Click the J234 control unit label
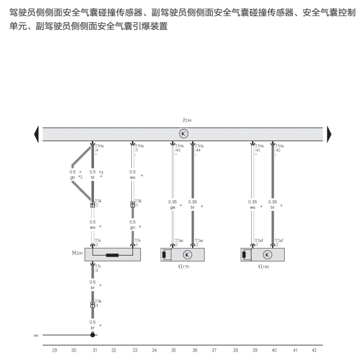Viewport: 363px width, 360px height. [x=187, y=120]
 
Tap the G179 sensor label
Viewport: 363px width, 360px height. [x=184, y=267]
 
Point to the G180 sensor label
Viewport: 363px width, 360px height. [x=264, y=267]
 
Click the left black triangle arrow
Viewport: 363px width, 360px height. [x=36, y=134]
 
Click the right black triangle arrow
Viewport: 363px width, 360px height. [x=329, y=134]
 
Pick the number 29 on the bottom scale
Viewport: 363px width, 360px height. [x=54, y=351]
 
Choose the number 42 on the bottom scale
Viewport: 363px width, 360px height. [x=314, y=351]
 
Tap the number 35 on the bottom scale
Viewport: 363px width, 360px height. [x=173, y=351]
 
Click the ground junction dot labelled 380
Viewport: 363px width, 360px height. [x=93, y=335]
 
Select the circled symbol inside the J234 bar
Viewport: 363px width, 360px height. [x=183, y=134]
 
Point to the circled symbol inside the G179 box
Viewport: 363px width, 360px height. [x=188, y=255]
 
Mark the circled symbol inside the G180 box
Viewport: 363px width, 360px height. [x=268, y=255]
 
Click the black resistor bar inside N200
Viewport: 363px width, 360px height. [x=113, y=255]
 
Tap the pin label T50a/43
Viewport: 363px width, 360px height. [x=179, y=148]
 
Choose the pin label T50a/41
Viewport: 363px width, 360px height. [x=259, y=148]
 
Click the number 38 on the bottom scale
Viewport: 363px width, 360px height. [x=235, y=351]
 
